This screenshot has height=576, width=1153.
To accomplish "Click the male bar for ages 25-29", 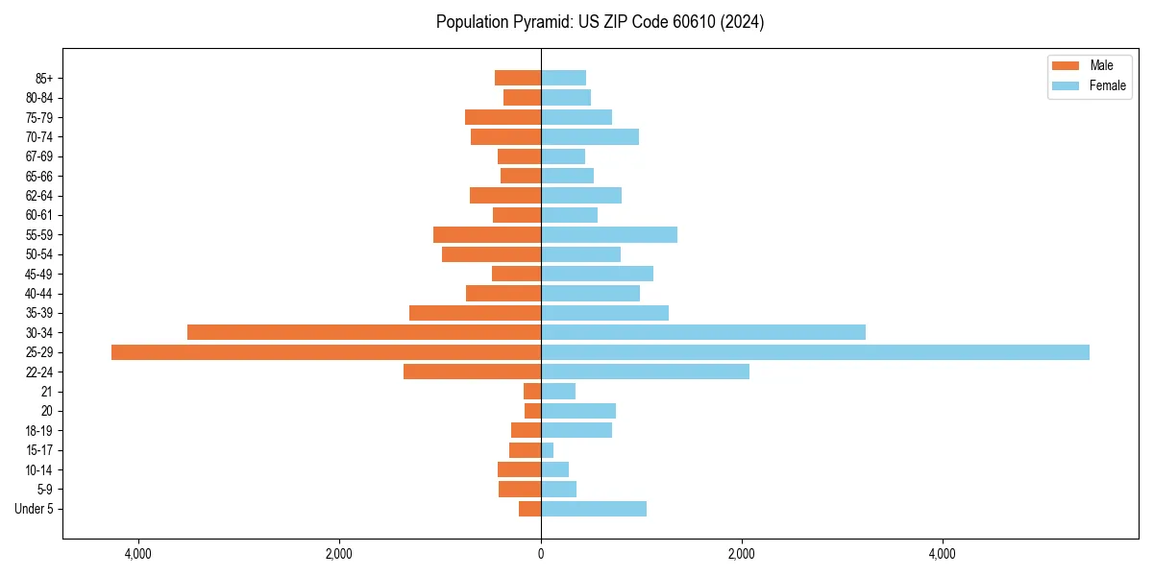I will (x=326, y=352).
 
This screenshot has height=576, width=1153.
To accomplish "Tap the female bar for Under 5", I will (x=594, y=509).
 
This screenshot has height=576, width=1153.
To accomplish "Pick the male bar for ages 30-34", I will (x=364, y=332).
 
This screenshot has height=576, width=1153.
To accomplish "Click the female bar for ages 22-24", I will (x=645, y=372).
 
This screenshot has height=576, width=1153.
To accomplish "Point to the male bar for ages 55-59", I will (x=487, y=234).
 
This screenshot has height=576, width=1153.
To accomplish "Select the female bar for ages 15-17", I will (x=548, y=450).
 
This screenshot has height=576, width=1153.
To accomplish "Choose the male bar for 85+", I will (x=518, y=78).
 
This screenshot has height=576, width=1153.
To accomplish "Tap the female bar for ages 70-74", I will (x=590, y=136).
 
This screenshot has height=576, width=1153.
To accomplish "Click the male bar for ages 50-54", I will (x=491, y=254).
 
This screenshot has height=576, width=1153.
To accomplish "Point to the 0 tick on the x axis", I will (x=541, y=554).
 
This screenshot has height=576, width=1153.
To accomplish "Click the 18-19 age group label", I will (x=39, y=431).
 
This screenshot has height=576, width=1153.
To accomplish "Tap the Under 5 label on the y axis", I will (x=35, y=509).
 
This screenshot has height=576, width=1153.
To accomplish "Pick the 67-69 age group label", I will (x=39, y=156).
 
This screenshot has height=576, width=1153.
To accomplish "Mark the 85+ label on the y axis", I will (x=44, y=78).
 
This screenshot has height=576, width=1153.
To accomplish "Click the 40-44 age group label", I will (x=39, y=294).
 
